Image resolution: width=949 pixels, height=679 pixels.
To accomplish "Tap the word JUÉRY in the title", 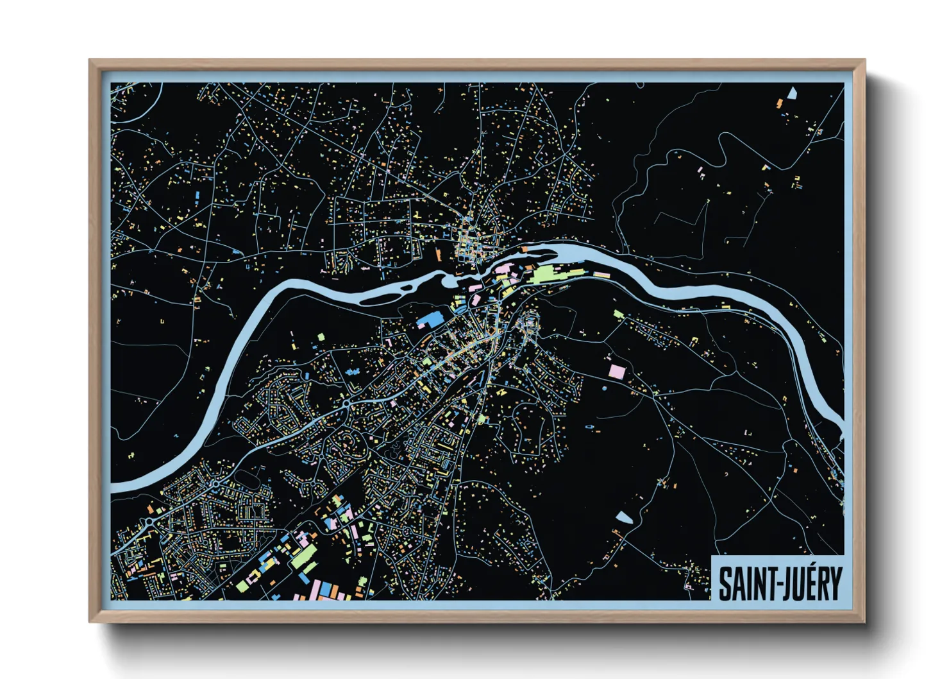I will pyautogui.click(x=810, y=583).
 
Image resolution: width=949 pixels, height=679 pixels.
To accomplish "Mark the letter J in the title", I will pyautogui.click(x=784, y=583).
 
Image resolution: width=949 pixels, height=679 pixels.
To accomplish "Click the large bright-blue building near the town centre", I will pyautogui.click(x=431, y=318).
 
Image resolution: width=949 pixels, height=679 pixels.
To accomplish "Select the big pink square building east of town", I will pyautogui.click(x=616, y=371).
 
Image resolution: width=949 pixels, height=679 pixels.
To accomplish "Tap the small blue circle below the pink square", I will pyautogui.click(x=604, y=389).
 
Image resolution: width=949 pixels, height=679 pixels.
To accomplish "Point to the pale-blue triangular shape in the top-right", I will pyautogui.click(x=791, y=93).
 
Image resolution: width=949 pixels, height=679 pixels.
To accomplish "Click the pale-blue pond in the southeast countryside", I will pyautogui.click(x=624, y=517).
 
